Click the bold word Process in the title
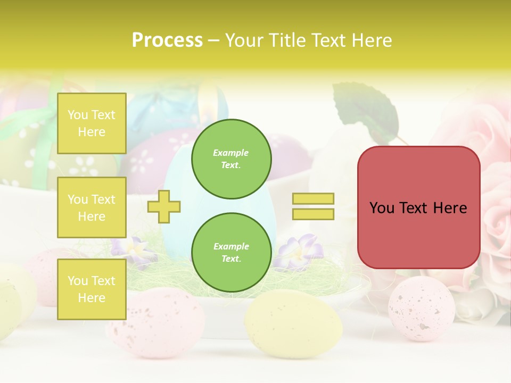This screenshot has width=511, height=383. [167, 40]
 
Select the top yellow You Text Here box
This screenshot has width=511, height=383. [92, 123]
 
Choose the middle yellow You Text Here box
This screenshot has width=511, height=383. [92, 207]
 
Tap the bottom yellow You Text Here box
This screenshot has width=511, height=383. [92, 289]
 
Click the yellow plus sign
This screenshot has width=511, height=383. [164, 206]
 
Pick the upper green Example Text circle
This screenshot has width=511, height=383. [231, 159]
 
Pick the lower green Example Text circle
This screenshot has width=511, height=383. [231, 252]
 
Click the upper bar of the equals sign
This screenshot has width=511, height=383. [313, 199]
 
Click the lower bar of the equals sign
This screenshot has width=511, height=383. [313, 214]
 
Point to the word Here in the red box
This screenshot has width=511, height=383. [450, 208]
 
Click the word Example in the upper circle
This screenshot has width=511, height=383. [231, 153]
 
